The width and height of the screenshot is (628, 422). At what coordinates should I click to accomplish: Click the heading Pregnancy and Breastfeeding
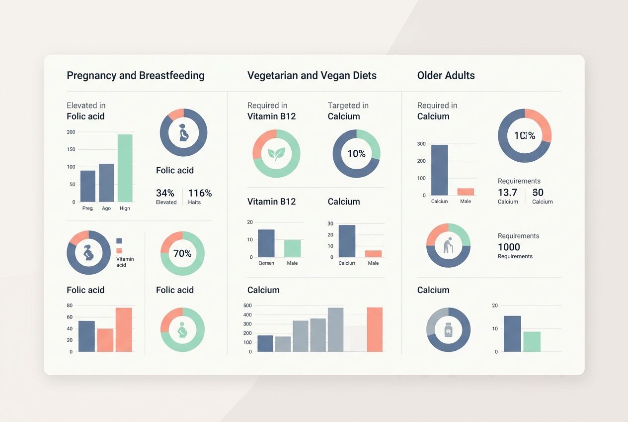click(135, 76)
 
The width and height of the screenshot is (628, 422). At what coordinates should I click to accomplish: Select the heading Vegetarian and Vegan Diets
click(312, 76)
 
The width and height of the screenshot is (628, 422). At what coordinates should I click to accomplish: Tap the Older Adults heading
click(446, 76)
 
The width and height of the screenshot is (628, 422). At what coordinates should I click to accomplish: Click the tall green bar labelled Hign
click(125, 168)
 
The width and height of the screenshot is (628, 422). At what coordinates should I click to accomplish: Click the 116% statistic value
click(200, 193)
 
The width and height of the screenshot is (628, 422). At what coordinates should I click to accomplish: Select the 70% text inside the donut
click(182, 253)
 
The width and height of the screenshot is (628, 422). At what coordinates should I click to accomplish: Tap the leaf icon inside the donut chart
click(276, 153)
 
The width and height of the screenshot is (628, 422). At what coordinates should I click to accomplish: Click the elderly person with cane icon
click(448, 245)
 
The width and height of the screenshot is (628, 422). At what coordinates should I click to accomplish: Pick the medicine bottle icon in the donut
click(448, 329)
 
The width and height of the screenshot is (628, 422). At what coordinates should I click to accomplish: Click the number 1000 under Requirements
click(509, 247)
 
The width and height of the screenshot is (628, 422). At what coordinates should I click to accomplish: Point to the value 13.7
click(507, 193)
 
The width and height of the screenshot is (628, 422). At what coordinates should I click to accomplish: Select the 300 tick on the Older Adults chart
click(421, 144)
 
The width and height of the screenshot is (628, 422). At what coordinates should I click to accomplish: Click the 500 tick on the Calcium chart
click(247, 306)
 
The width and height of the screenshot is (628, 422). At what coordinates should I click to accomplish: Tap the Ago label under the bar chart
click(106, 209)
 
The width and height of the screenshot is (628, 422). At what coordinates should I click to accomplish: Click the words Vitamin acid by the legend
click(125, 262)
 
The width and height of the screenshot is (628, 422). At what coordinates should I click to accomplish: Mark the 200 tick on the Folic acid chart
click(71, 132)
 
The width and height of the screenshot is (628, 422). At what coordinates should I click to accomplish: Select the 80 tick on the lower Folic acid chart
click(70, 306)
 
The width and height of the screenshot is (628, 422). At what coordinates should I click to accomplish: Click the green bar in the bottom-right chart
click(532, 341)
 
